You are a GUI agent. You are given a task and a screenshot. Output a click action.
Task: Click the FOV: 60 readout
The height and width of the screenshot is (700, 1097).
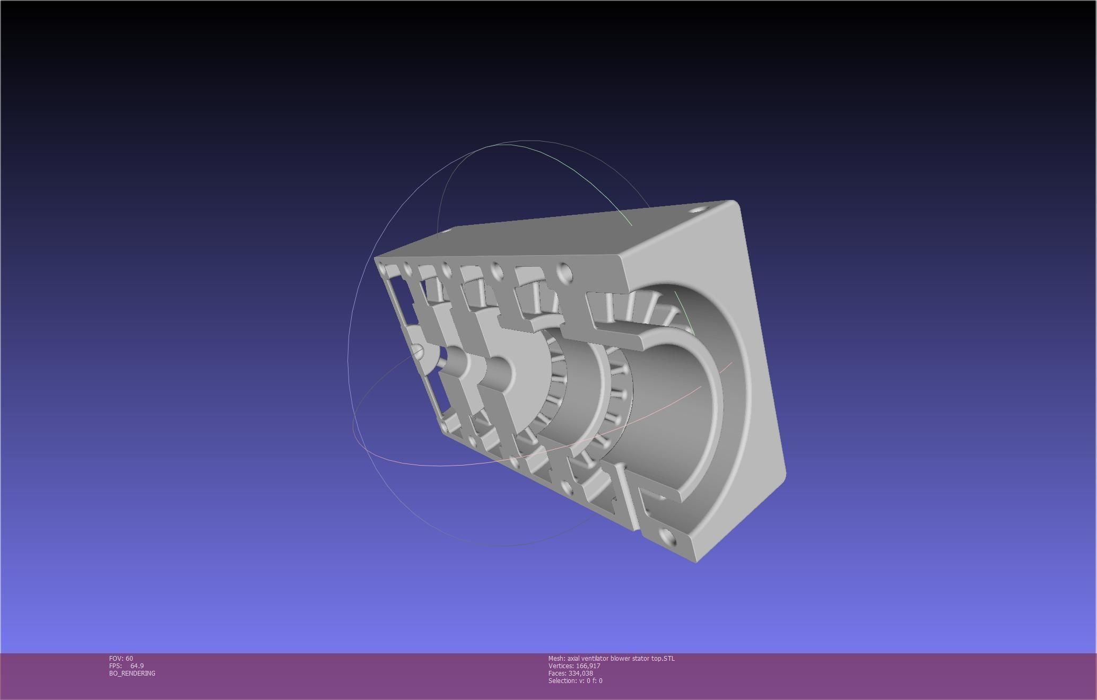[x=121, y=658]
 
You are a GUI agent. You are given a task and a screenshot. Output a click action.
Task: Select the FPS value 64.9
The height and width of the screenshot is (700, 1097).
[x=137, y=666]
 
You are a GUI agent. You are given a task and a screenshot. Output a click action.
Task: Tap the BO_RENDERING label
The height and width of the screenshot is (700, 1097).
[x=132, y=673]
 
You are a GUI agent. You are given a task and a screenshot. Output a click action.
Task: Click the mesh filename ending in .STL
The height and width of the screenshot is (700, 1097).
[x=611, y=658]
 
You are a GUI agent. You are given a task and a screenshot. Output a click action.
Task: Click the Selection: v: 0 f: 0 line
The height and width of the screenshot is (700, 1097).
[x=575, y=680]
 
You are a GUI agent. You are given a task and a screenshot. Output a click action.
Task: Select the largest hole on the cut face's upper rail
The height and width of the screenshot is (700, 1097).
[x=565, y=274]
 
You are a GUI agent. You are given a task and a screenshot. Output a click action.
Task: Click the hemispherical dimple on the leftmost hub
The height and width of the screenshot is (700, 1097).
[x=418, y=352]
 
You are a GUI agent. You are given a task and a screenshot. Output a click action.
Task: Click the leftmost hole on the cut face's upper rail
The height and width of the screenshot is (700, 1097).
[x=407, y=269]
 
